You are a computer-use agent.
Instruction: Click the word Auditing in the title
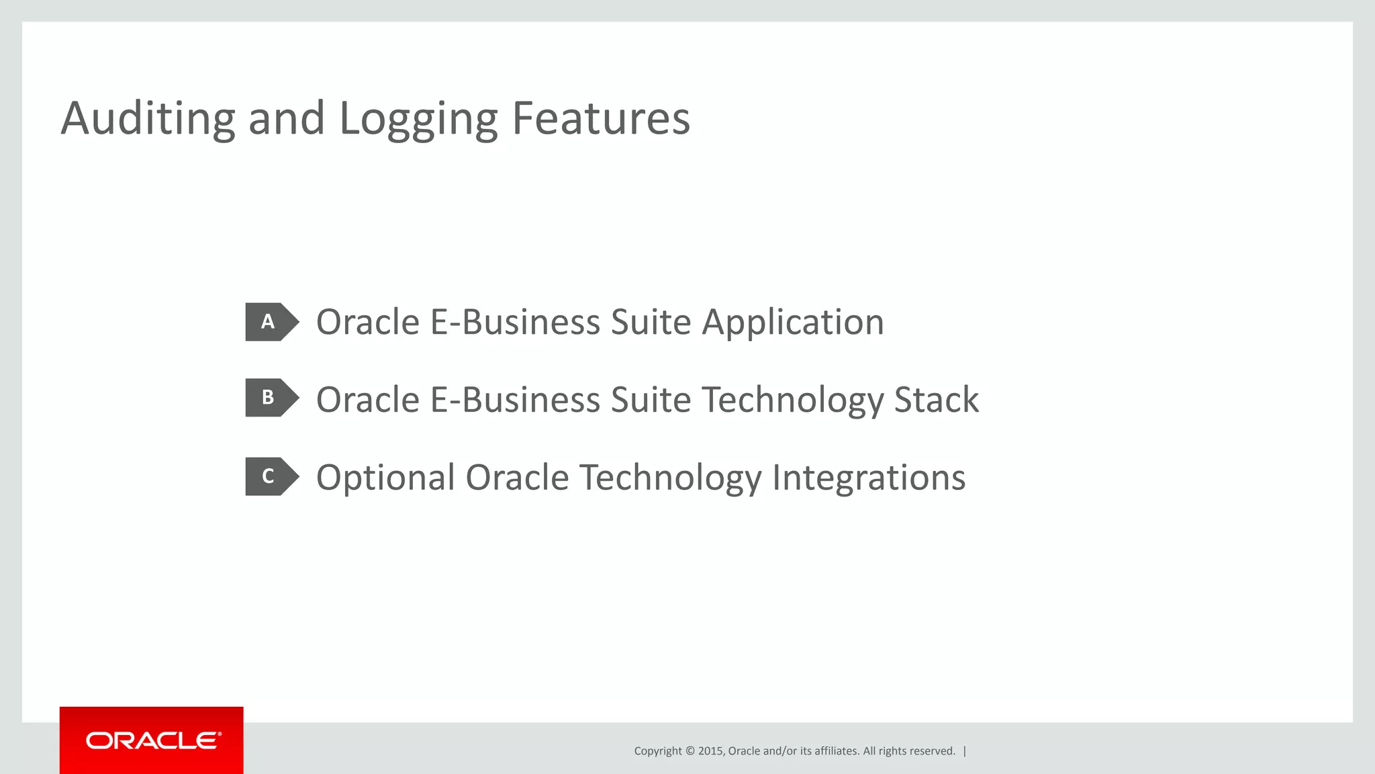(148, 118)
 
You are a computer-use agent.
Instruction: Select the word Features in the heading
(600, 118)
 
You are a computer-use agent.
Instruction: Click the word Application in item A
(793, 322)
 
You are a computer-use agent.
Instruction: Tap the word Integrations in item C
(869, 478)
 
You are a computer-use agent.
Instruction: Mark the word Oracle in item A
(368, 322)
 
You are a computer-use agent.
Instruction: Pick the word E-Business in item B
(514, 400)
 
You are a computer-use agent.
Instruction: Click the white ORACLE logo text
(152, 740)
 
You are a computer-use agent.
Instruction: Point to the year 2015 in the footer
(710, 751)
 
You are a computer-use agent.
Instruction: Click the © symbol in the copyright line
(689, 751)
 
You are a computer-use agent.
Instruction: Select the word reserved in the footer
(933, 751)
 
